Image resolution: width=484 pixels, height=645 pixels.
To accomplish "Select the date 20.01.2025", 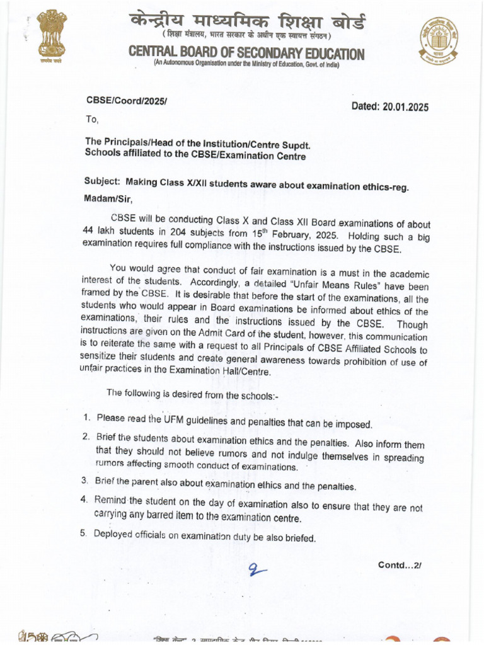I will click(x=405, y=107).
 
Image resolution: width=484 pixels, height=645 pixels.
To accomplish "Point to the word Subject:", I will click(x=102, y=181).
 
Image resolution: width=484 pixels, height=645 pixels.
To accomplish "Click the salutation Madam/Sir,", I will click(x=108, y=199).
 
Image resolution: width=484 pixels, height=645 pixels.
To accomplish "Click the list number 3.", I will click(x=84, y=481).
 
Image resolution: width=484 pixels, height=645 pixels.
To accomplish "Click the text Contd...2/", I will click(x=399, y=565).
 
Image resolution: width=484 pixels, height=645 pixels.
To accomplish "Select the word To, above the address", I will click(x=92, y=119).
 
